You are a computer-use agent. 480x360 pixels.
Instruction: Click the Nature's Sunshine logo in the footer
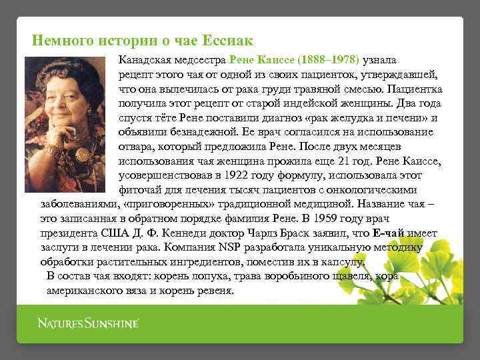tap(87, 324)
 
